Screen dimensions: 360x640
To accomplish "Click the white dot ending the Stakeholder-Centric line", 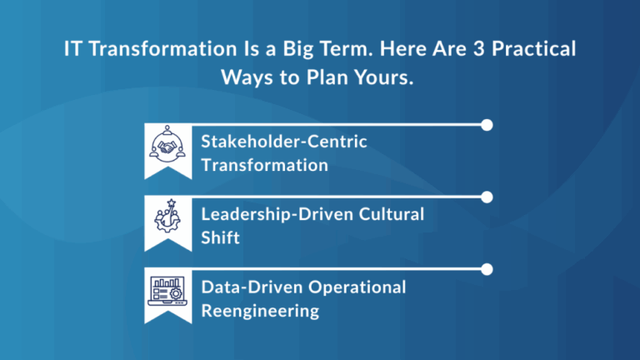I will click(487, 125).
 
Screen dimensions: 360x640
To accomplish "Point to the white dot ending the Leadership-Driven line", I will click(487, 197).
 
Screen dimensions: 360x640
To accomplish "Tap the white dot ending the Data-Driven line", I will click(487, 269).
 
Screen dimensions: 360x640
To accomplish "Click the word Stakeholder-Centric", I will click(283, 142).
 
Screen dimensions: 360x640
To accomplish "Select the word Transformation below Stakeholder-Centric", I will click(264, 165).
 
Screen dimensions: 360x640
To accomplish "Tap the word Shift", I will click(221, 237).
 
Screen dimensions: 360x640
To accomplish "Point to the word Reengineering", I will click(260, 311).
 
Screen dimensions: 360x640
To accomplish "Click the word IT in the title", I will click(73, 49).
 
